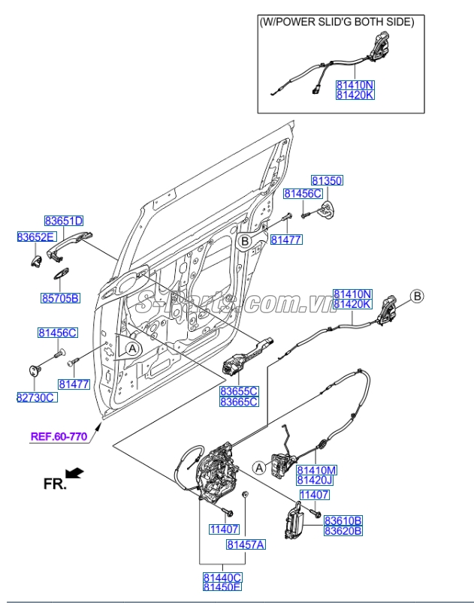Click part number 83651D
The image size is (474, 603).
(x=63, y=221)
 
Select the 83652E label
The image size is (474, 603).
(x=36, y=237)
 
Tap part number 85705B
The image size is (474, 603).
(x=60, y=298)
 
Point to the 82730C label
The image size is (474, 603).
(x=35, y=396)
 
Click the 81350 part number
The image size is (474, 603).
(x=327, y=181)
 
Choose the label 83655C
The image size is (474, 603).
(x=239, y=391)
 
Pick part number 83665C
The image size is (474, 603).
(x=239, y=402)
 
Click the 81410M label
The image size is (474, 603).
(x=316, y=470)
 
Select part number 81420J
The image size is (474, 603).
(x=316, y=480)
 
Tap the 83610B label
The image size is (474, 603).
(x=343, y=520)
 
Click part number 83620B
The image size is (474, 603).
(x=343, y=530)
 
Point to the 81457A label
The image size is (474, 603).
(x=246, y=544)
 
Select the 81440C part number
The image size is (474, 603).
(x=222, y=577)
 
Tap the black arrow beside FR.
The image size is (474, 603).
(x=75, y=473)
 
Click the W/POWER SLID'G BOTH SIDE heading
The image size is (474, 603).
(x=336, y=23)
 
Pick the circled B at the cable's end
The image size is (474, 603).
(x=418, y=296)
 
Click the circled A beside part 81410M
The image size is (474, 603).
(x=259, y=468)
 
